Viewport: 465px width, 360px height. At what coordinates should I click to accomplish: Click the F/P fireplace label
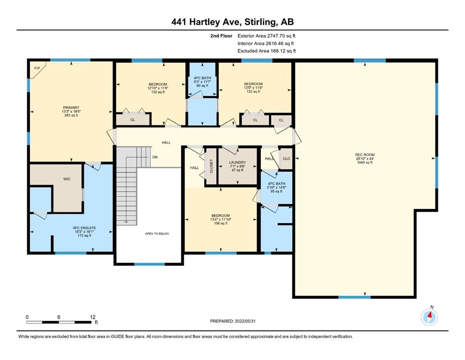pyautogui.click(x=37, y=68)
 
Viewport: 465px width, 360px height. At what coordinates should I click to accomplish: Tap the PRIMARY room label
pyautogui.click(x=71, y=107)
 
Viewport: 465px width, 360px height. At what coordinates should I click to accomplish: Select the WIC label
pyautogui.click(x=66, y=179)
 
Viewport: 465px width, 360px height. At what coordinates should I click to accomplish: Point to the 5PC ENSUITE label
pyautogui.click(x=84, y=228)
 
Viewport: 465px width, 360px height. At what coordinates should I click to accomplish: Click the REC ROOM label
pyautogui.click(x=365, y=155)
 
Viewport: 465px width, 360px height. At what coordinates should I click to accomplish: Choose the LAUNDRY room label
pyautogui.click(x=237, y=162)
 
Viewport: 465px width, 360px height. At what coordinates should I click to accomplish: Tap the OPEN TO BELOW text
pyautogui.click(x=157, y=233)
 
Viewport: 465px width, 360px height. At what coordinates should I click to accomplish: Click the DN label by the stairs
pyautogui.click(x=155, y=157)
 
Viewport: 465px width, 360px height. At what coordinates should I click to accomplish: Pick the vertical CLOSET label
pyautogui.click(x=212, y=166)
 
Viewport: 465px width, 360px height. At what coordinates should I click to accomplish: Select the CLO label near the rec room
pyautogui.click(x=287, y=158)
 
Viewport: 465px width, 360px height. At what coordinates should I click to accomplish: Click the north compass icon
pyautogui.click(x=429, y=317)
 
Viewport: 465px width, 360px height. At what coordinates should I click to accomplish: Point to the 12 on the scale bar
pyautogui.click(x=93, y=317)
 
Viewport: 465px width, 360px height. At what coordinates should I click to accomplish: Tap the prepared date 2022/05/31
pyautogui.click(x=245, y=321)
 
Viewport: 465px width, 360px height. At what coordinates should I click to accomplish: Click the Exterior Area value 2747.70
pyautogui.click(x=276, y=36)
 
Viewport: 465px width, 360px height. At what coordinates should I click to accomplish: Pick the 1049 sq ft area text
pyautogui.click(x=365, y=162)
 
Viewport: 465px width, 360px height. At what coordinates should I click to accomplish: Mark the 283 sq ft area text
pyautogui.click(x=71, y=115)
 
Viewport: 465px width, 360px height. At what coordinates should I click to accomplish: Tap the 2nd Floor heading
pyautogui.click(x=221, y=36)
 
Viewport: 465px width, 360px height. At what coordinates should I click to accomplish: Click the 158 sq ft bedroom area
pyautogui.click(x=221, y=223)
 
